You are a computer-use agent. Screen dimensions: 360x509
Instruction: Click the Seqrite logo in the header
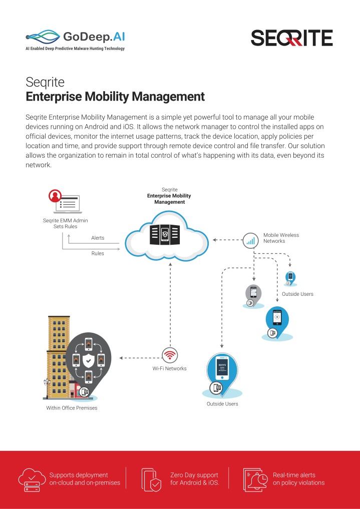291,38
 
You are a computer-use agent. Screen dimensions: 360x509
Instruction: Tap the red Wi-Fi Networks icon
170,355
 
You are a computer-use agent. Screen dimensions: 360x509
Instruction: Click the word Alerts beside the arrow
98,238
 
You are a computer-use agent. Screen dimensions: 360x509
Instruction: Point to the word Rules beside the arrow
98,253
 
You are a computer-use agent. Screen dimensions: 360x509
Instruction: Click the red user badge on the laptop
55,196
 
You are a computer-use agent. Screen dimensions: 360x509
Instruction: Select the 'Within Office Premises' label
72,408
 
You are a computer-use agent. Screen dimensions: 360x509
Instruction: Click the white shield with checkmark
88,360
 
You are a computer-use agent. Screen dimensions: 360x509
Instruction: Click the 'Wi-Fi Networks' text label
169,368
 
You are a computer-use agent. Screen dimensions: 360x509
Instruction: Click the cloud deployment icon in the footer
32,479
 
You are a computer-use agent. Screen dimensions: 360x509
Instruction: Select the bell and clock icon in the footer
256,479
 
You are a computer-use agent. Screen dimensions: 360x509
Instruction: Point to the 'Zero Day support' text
194,475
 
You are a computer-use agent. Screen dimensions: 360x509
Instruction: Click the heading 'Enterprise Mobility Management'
115,97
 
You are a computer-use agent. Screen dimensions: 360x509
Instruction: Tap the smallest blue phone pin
290,278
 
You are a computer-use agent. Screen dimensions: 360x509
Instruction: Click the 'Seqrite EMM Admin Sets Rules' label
65,223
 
